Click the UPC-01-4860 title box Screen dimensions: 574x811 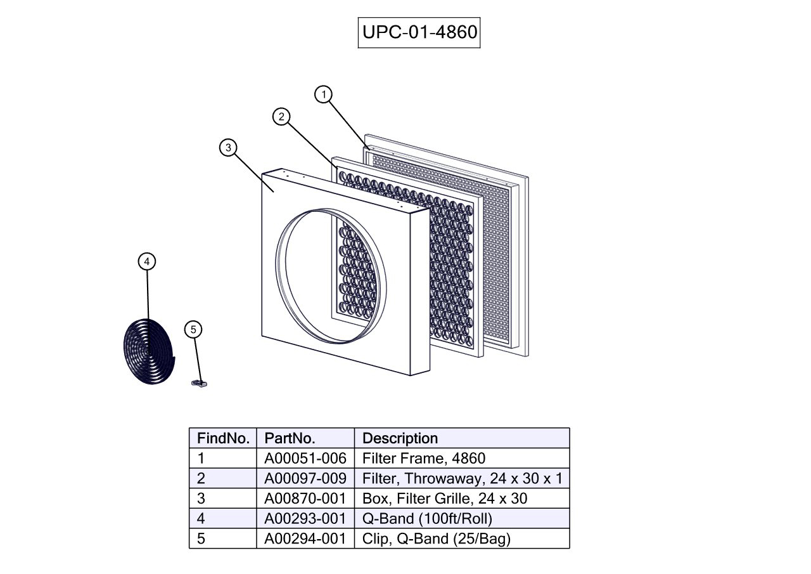419,32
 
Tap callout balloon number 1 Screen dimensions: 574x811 324,95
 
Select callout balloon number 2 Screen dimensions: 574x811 281,117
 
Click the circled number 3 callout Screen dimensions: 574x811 228,148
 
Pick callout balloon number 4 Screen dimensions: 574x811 147,261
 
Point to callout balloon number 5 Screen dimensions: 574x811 194,329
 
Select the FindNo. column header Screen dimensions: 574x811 222,438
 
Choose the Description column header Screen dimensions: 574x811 400,438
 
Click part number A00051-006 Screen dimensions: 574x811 305,458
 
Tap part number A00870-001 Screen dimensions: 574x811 305,499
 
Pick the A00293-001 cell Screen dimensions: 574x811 305,519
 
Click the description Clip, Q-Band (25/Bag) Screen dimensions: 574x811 437,539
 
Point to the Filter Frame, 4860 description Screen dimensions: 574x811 424,458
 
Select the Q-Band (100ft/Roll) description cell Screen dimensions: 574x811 427,519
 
